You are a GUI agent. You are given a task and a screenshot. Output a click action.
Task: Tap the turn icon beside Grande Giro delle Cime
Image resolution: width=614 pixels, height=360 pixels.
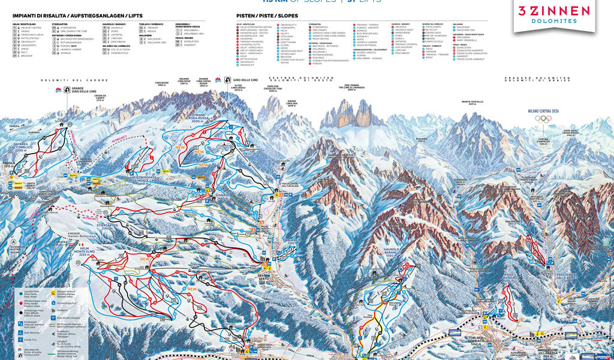pyautogui.click(x=59, y=91)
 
